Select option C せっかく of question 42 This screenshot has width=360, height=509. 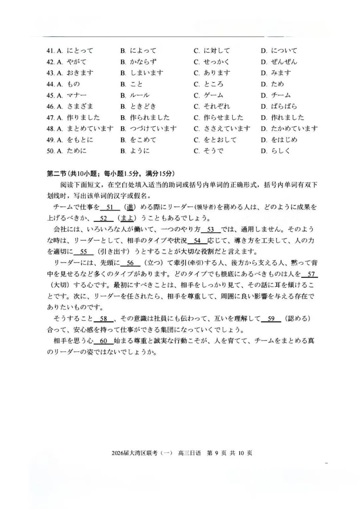(x=217, y=62)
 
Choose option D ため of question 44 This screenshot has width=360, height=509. (x=277, y=84)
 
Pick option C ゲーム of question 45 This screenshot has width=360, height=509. (x=213, y=95)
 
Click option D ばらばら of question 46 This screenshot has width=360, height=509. (x=284, y=106)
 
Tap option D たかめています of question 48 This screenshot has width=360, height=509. (x=294, y=129)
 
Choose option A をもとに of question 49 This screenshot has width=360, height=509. (x=80, y=140)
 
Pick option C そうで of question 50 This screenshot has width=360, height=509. (x=213, y=151)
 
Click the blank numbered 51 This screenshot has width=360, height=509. (x=110, y=207)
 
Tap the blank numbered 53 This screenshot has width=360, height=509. (x=211, y=230)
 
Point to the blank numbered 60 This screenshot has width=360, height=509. (x=103, y=341)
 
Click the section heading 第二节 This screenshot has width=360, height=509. (x=57, y=173)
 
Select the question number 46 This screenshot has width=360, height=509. (x=50, y=106)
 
